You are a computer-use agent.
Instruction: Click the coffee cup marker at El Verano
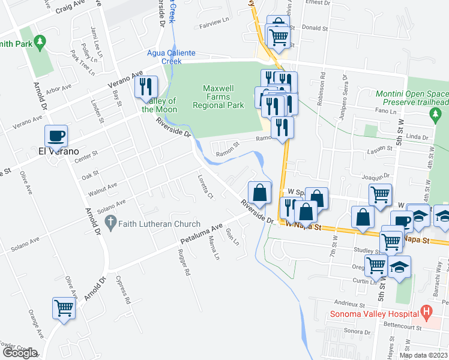coord(56,136)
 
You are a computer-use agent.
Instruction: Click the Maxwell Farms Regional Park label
coord(218,96)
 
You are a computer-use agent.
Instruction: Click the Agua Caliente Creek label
coord(173,57)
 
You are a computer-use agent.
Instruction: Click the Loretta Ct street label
coord(205,187)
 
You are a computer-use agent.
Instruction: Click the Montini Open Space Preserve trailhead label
coord(412,98)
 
